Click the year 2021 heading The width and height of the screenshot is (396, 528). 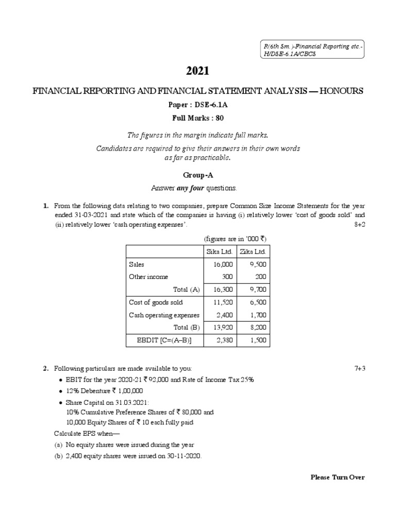pyautogui.click(x=198, y=71)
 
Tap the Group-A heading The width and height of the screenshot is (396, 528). pyautogui.click(x=198, y=175)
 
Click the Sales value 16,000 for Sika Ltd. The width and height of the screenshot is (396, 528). pyautogui.click(x=223, y=264)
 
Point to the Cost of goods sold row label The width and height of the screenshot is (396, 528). pyautogui.click(x=156, y=302)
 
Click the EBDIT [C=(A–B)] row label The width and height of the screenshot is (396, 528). pyautogui.click(x=164, y=340)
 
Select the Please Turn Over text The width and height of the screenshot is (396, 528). pyautogui.click(x=337, y=477)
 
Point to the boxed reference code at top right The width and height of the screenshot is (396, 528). pyautogui.click(x=311, y=51)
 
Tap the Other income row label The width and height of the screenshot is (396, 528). pyautogui.click(x=148, y=277)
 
